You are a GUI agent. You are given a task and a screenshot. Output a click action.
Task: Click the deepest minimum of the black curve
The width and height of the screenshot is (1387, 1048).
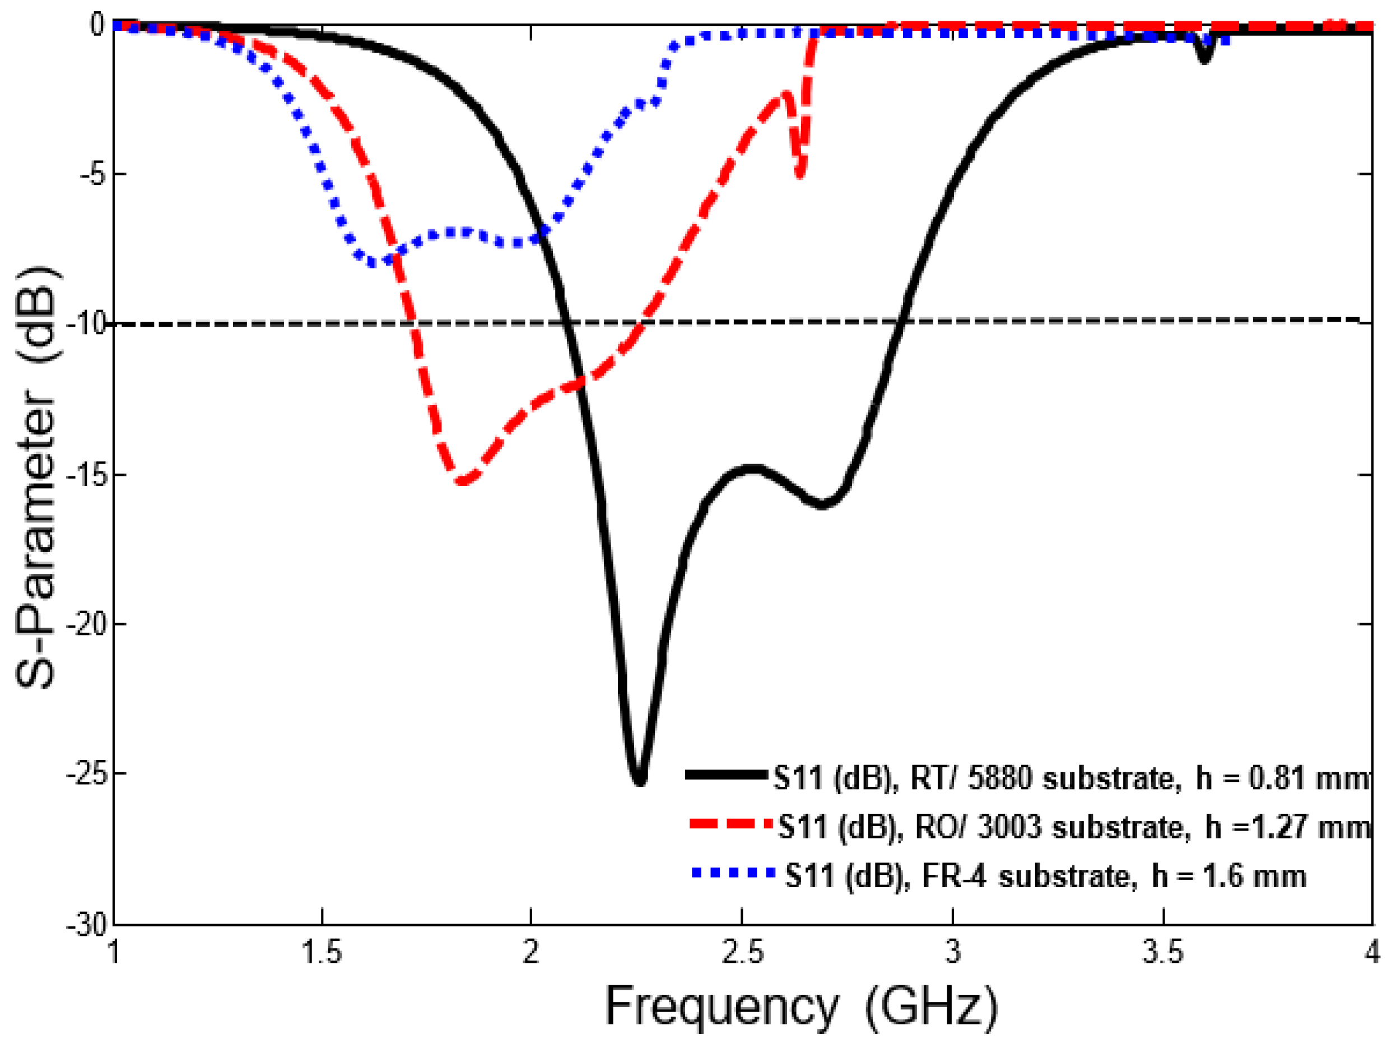click(639, 781)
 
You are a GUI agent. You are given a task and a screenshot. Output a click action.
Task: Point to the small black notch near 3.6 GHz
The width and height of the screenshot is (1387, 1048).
click(1204, 58)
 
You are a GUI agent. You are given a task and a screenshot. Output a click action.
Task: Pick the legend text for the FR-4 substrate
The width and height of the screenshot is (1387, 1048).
click(1045, 876)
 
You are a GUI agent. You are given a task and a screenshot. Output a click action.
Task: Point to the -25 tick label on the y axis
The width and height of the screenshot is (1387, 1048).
click(86, 775)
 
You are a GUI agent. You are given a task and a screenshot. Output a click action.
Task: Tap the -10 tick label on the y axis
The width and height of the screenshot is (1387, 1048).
click(88, 325)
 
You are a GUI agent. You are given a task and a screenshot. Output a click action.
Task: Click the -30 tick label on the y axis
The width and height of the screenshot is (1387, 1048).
click(86, 926)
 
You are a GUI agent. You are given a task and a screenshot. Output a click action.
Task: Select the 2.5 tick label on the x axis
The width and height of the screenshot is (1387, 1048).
click(742, 953)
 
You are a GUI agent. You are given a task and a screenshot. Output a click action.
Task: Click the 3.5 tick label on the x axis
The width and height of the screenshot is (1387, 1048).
click(1163, 953)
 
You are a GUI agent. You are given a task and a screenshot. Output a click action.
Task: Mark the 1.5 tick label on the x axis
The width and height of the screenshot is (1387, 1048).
click(322, 953)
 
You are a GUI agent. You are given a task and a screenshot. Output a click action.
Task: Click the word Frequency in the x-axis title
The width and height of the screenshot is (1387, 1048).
click(721, 1007)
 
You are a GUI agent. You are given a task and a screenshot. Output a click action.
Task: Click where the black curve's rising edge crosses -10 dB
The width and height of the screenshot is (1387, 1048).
click(900, 322)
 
